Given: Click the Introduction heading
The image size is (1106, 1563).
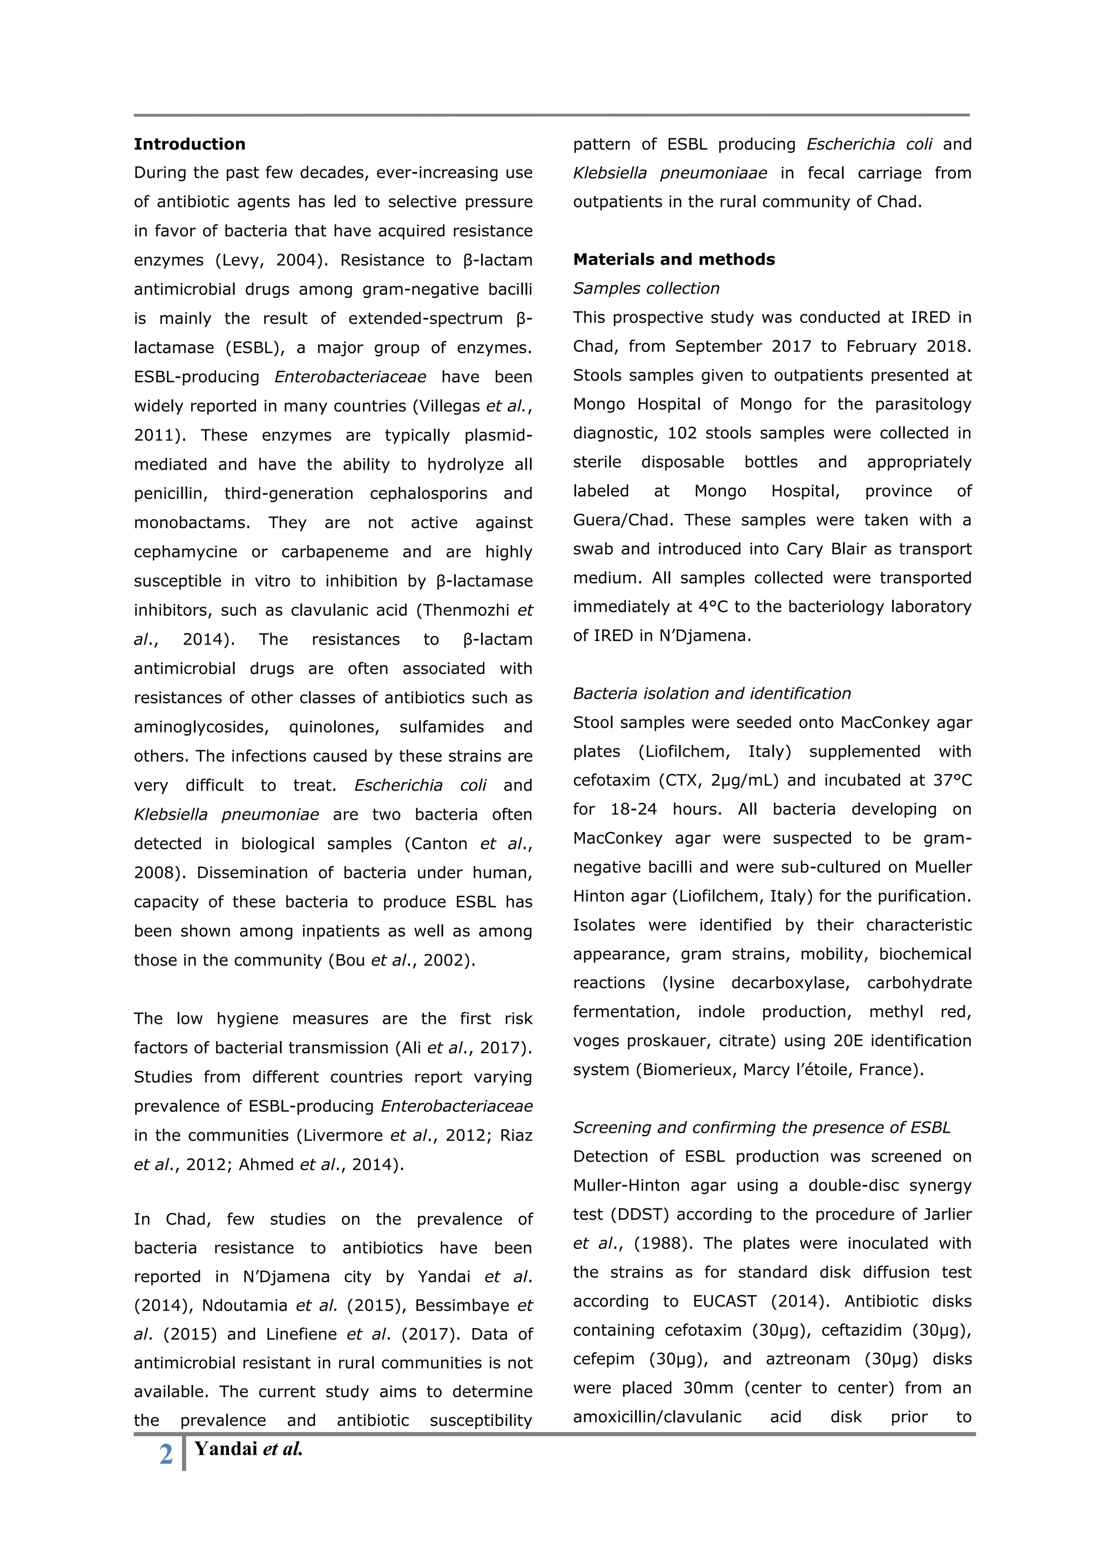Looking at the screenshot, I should (190, 144).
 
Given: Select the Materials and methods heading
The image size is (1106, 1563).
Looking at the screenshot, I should (673, 260).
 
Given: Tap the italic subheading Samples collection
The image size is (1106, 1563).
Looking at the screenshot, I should (646, 289).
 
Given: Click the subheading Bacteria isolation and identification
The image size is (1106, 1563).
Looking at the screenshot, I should (712, 694).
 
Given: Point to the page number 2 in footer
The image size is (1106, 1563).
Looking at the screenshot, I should (165, 1454).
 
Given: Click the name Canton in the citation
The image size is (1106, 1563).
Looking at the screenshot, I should (439, 844).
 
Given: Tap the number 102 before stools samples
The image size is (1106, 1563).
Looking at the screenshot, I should (682, 433).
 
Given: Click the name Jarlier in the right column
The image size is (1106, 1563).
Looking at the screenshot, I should (947, 1214).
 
